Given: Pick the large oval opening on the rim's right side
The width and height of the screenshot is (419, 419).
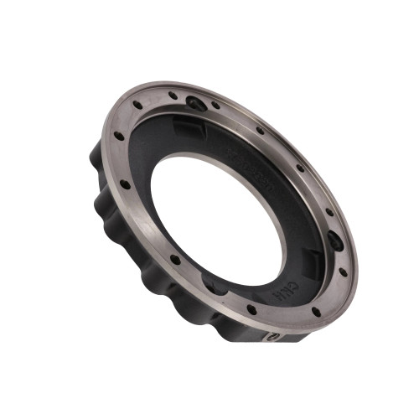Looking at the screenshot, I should coord(335,241).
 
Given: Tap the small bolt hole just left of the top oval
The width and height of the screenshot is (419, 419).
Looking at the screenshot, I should coord(173,96).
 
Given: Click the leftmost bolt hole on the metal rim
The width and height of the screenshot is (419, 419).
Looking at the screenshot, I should coord(118,137).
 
